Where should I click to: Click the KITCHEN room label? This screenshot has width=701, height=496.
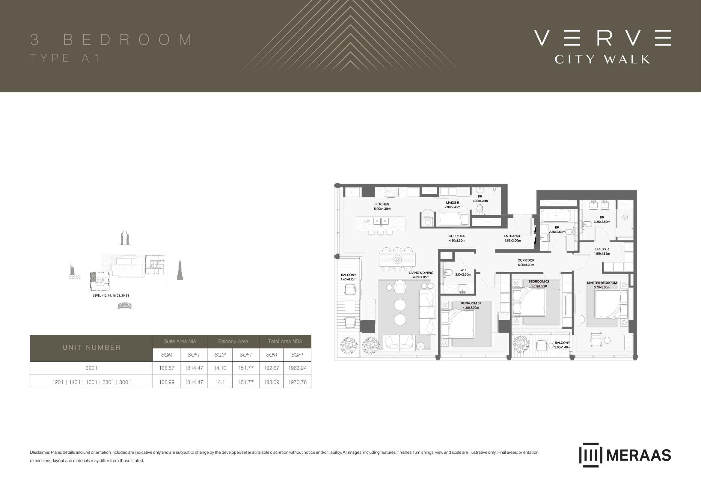tap(382, 204)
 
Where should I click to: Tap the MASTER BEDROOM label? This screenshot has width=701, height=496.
tap(602, 283)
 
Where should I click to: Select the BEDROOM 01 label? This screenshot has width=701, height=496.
tap(471, 303)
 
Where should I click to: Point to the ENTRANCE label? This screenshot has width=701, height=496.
tap(512, 236)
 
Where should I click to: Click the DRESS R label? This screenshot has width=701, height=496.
tap(602, 249)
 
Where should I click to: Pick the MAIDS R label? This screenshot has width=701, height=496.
tap(453, 203)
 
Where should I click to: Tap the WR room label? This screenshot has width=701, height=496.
tap(463, 270)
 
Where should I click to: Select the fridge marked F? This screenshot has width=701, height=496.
tap(352, 192)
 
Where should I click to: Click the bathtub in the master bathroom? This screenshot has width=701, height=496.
tap(556, 216)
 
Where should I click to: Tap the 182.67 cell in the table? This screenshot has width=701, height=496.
tap(272, 368)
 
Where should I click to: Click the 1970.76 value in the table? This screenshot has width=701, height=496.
tap(297, 382)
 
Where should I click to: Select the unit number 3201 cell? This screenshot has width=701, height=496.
tap(91, 368)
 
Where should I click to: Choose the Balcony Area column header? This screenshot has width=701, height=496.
tap(233, 342)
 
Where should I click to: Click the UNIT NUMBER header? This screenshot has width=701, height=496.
tap(92, 348)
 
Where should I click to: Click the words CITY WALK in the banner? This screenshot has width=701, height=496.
tap(602, 59)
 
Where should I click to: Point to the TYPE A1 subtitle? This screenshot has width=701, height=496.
tap(65, 58)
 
